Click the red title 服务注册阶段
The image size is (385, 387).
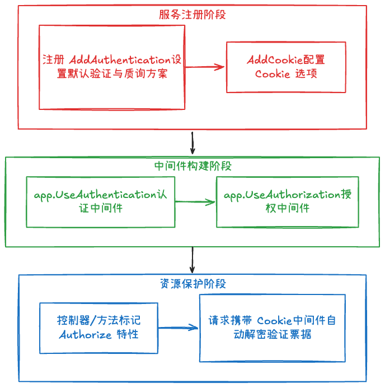(192, 15)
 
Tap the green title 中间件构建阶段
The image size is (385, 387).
(193, 166)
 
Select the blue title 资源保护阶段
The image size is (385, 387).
(193, 284)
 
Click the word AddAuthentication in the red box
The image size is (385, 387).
(120, 59)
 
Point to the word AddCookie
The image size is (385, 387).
(275, 59)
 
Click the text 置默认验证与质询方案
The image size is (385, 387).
(112, 73)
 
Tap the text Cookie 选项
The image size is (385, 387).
(286, 73)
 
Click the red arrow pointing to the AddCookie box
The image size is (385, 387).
(205, 67)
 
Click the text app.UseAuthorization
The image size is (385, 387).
(282, 195)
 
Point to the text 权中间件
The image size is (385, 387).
(288, 208)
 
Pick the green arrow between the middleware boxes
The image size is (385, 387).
(195, 202)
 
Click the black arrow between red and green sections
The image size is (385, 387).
(192, 143)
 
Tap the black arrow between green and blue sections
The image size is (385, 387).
(192, 260)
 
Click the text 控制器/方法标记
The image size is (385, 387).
(99, 320)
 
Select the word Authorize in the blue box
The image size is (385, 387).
(85, 334)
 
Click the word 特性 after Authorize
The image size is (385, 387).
(128, 334)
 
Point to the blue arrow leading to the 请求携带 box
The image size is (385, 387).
(178, 328)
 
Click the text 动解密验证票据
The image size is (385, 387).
(273, 334)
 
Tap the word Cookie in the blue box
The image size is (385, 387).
(274, 321)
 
